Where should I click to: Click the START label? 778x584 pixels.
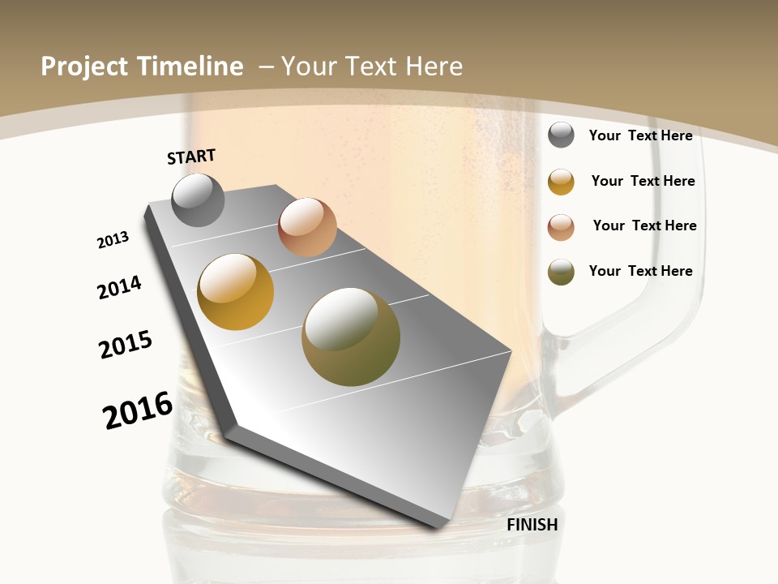[191, 157]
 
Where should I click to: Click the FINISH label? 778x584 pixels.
[532, 525]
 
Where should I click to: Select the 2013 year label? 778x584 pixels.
[113, 240]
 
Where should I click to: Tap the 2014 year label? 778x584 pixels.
[120, 287]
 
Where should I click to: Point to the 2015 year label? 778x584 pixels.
[126, 345]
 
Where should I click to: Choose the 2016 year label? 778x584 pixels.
[138, 410]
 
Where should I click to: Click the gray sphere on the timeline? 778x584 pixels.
[198, 200]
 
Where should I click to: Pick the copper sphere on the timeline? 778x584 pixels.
[307, 227]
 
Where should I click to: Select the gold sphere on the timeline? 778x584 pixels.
[236, 292]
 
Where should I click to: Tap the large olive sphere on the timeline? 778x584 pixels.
[351, 337]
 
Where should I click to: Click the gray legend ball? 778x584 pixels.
[561, 135]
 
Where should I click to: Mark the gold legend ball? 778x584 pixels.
[561, 182]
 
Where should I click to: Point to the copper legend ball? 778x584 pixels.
[561, 227]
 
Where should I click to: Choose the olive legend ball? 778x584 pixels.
[561, 272]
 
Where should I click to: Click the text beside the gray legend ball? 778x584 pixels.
[640, 135]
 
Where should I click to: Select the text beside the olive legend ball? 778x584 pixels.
[640, 271]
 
